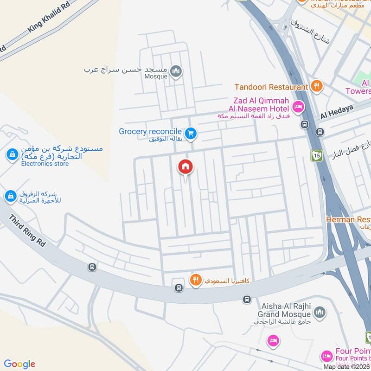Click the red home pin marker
tap(185, 166)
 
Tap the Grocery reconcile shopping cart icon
tap(190, 134)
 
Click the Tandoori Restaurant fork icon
tap(316, 86)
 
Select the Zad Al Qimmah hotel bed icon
tap(298, 106)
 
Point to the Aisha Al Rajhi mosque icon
tap(319, 313)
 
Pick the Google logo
tap(19, 364)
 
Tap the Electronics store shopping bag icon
tap(11, 154)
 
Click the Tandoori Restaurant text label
tap(271, 87)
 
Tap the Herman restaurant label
tap(348, 219)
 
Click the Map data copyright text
tap(346, 366)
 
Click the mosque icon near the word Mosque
tap(176, 71)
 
